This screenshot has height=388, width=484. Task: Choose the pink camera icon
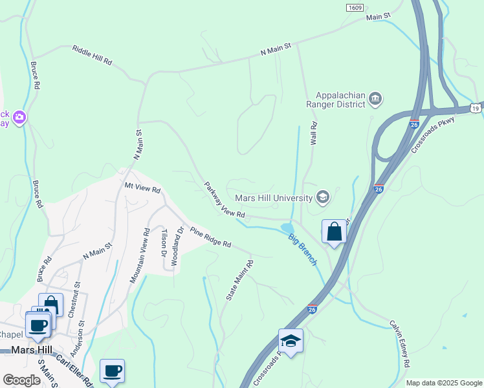20,116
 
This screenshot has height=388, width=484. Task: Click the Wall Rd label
313,133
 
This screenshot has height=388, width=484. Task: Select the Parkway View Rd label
225,200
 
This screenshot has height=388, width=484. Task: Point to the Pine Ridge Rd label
210,237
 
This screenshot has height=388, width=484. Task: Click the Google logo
21,380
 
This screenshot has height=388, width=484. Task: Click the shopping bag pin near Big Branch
334,232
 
